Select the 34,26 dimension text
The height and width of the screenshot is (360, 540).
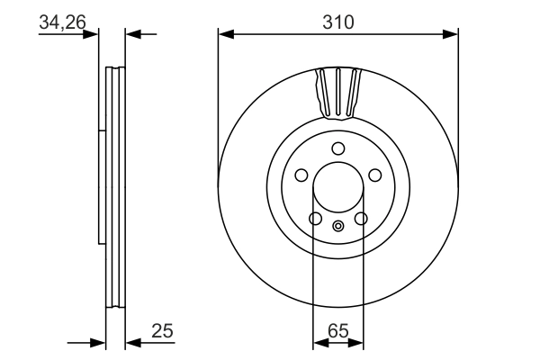(x=62, y=22)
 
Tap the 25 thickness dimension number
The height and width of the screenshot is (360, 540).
(x=162, y=331)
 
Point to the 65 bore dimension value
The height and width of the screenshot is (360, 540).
(x=338, y=331)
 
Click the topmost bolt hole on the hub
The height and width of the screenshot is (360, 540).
(x=338, y=148)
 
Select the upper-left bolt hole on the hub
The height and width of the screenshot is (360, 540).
(x=301, y=175)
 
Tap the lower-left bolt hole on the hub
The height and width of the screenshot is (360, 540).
(x=315, y=218)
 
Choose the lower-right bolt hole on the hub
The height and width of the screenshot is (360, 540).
(x=361, y=218)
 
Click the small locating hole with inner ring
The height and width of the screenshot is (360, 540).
(x=338, y=226)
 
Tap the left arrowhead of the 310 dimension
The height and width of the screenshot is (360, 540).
(x=226, y=34)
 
